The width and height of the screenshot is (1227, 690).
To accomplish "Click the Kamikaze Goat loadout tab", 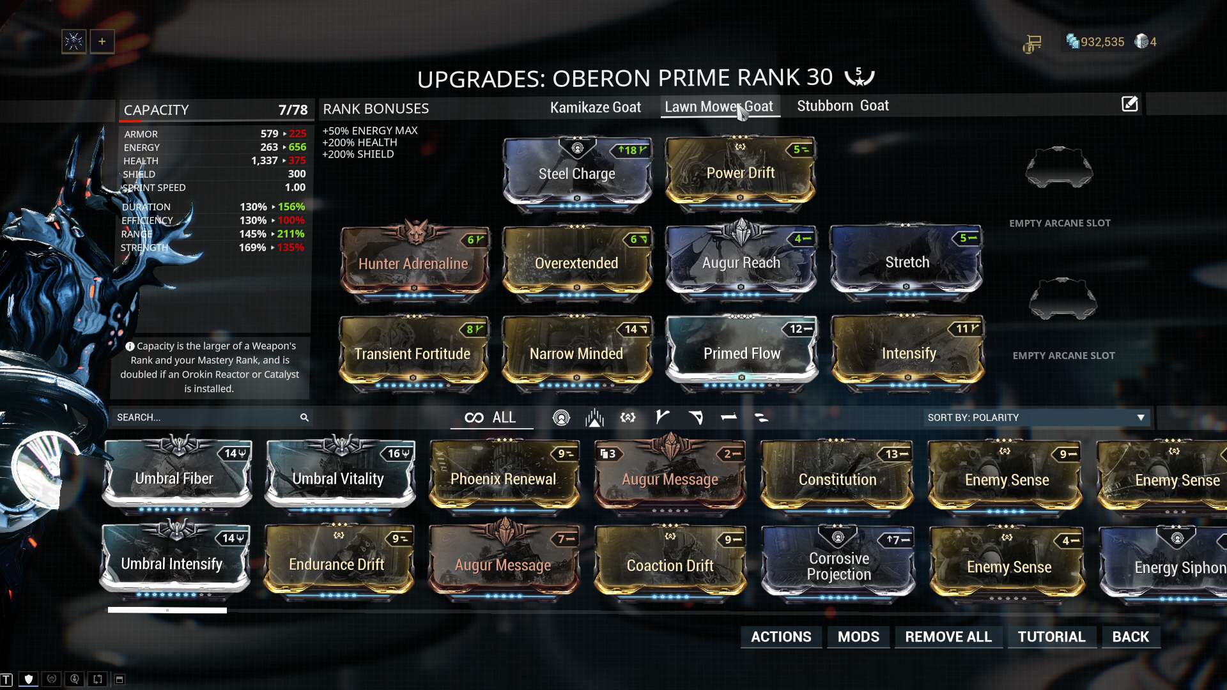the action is pos(595,107).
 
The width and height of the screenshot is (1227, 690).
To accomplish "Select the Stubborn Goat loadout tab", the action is pos(842,106).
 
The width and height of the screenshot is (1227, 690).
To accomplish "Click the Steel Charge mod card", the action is pos(577,172).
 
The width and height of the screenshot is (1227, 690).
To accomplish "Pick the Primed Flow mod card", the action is pos(741,353).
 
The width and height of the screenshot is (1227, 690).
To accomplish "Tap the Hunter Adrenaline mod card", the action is pos(413,263).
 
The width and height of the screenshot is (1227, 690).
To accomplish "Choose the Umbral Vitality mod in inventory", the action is pos(339,478).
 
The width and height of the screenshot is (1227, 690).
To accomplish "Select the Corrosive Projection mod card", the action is pos(838,565).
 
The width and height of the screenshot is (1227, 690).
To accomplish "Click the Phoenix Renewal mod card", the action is pos(504,478).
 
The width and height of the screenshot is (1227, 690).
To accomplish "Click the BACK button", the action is pos(1130,636).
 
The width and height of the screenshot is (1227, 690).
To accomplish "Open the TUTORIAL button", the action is pos(1051,636).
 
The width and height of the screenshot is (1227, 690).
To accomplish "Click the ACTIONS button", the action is pos(781,636).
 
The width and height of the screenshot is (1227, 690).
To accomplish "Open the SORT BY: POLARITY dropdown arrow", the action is pos(1141,417).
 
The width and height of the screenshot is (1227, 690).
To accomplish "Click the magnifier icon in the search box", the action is pos(304,417).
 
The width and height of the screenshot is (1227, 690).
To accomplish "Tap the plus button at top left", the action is pos(102,42).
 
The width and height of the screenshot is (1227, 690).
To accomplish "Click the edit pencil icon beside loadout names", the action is pos(1129,104).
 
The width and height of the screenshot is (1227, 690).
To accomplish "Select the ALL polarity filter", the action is pos(491,417).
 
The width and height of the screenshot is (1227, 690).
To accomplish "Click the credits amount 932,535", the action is pos(1102,42).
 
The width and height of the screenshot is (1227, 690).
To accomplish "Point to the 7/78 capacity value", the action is pos(293,110).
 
